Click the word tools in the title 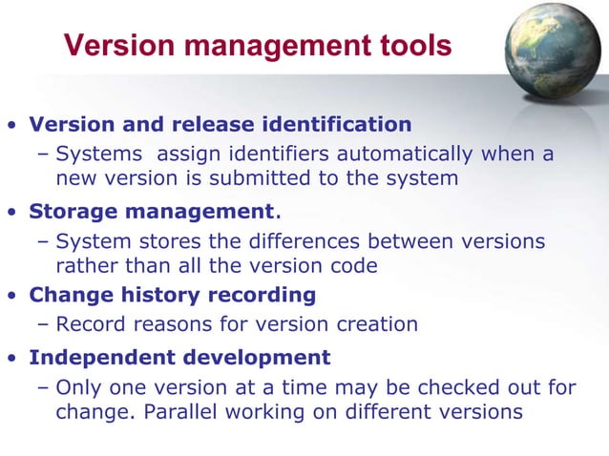click(x=411, y=45)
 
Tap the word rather click(x=87, y=265)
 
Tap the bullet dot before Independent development click(x=12, y=360)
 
